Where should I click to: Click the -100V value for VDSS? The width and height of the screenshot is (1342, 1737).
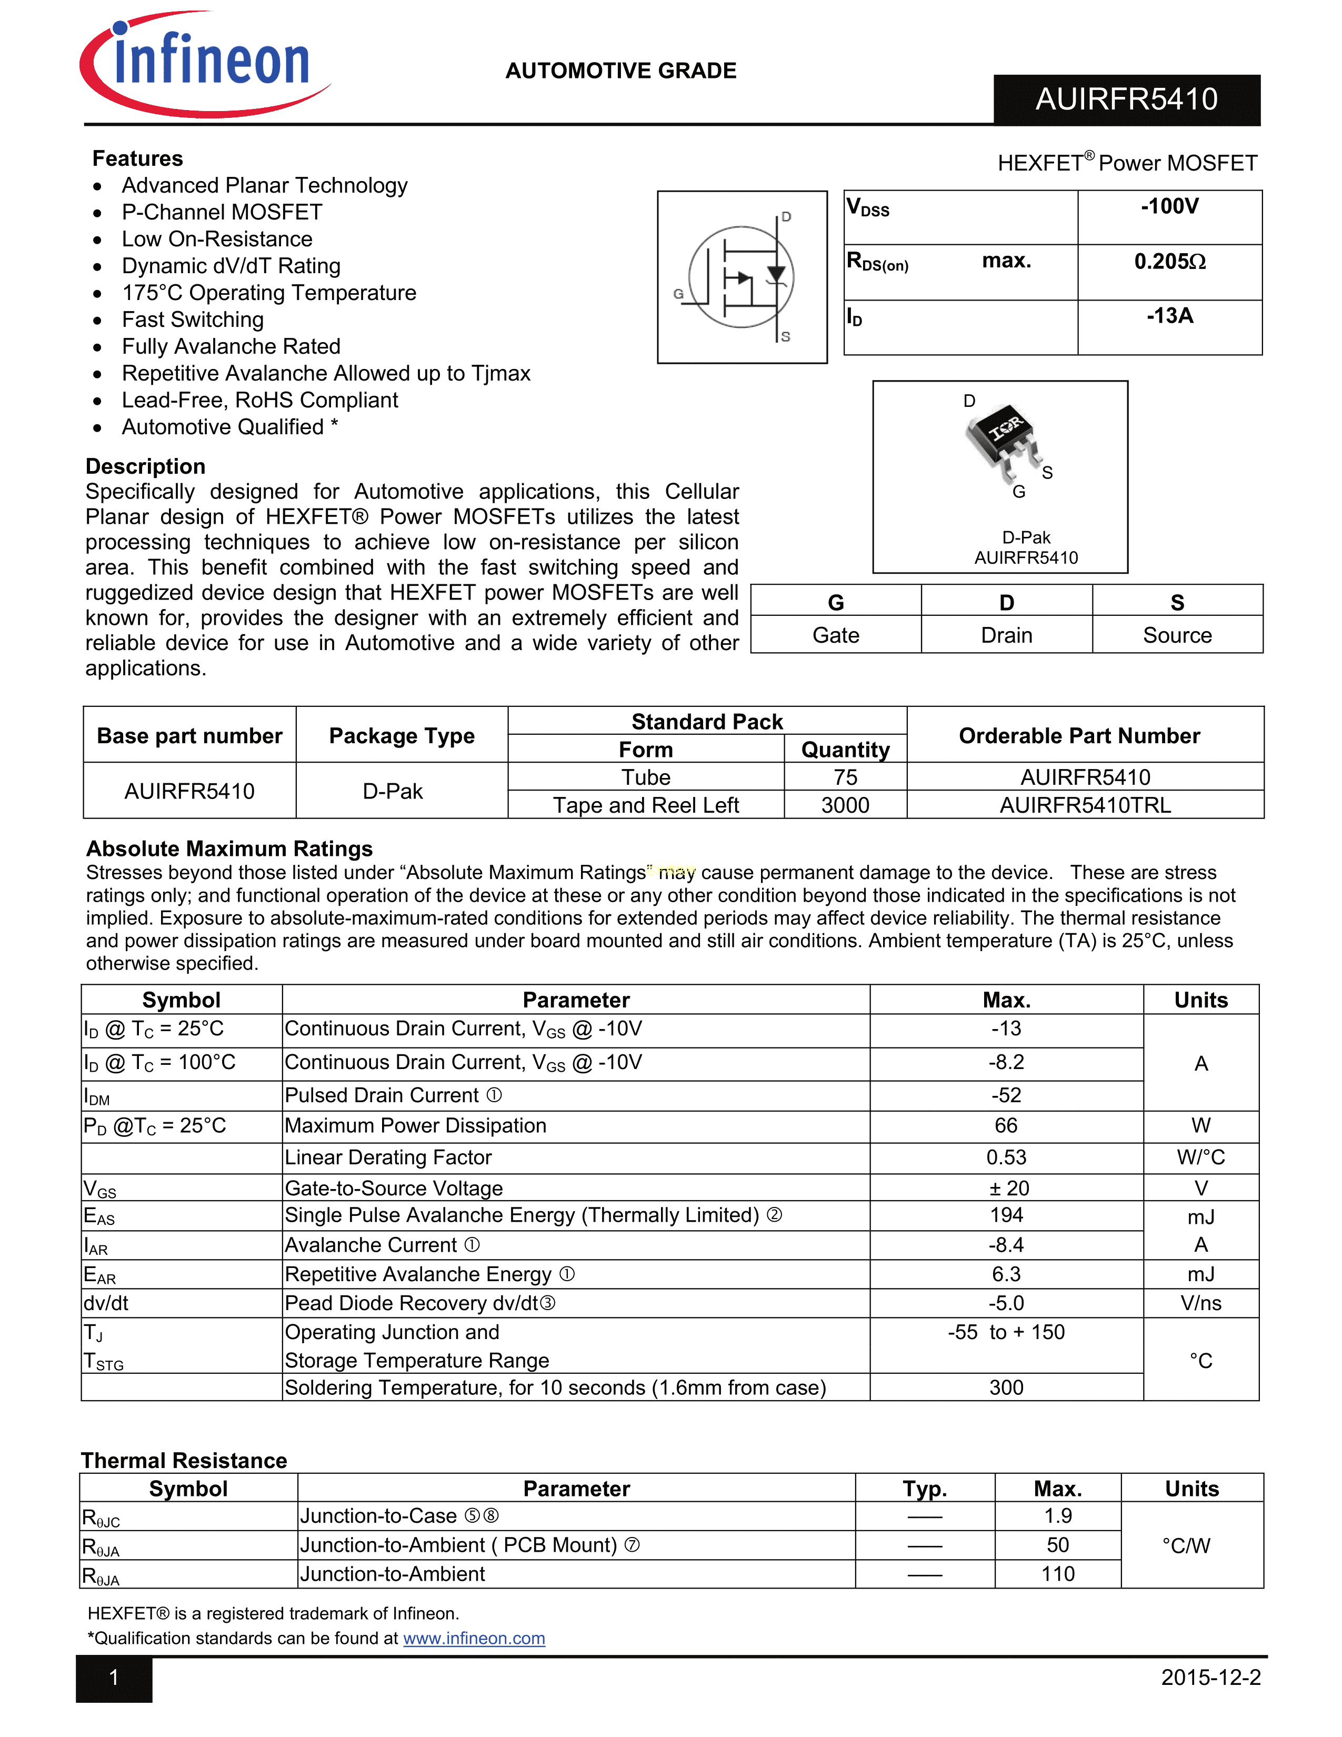pos(1169,207)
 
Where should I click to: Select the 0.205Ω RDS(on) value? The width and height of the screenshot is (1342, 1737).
pos(1169,262)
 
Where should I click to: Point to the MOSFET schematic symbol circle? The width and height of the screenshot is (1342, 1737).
pos(741,277)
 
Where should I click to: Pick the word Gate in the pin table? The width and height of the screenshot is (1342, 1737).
pos(836,635)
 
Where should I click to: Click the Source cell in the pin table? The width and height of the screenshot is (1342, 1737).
pos(1177,635)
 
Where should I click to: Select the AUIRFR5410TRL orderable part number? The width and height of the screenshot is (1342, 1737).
pos(1085,806)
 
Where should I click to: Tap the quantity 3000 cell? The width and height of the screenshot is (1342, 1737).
pos(845,806)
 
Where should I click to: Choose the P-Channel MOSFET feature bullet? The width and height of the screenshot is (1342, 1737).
pos(222,212)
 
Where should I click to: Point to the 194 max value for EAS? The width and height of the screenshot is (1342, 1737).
pos(1006,1215)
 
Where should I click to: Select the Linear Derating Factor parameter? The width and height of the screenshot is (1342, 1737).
pos(388,1158)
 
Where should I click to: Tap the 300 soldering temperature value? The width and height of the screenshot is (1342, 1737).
pos(1006,1388)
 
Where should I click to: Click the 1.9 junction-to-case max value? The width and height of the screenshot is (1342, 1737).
pos(1057,1516)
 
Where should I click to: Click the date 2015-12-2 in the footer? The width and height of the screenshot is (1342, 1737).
pos(1210,1678)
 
